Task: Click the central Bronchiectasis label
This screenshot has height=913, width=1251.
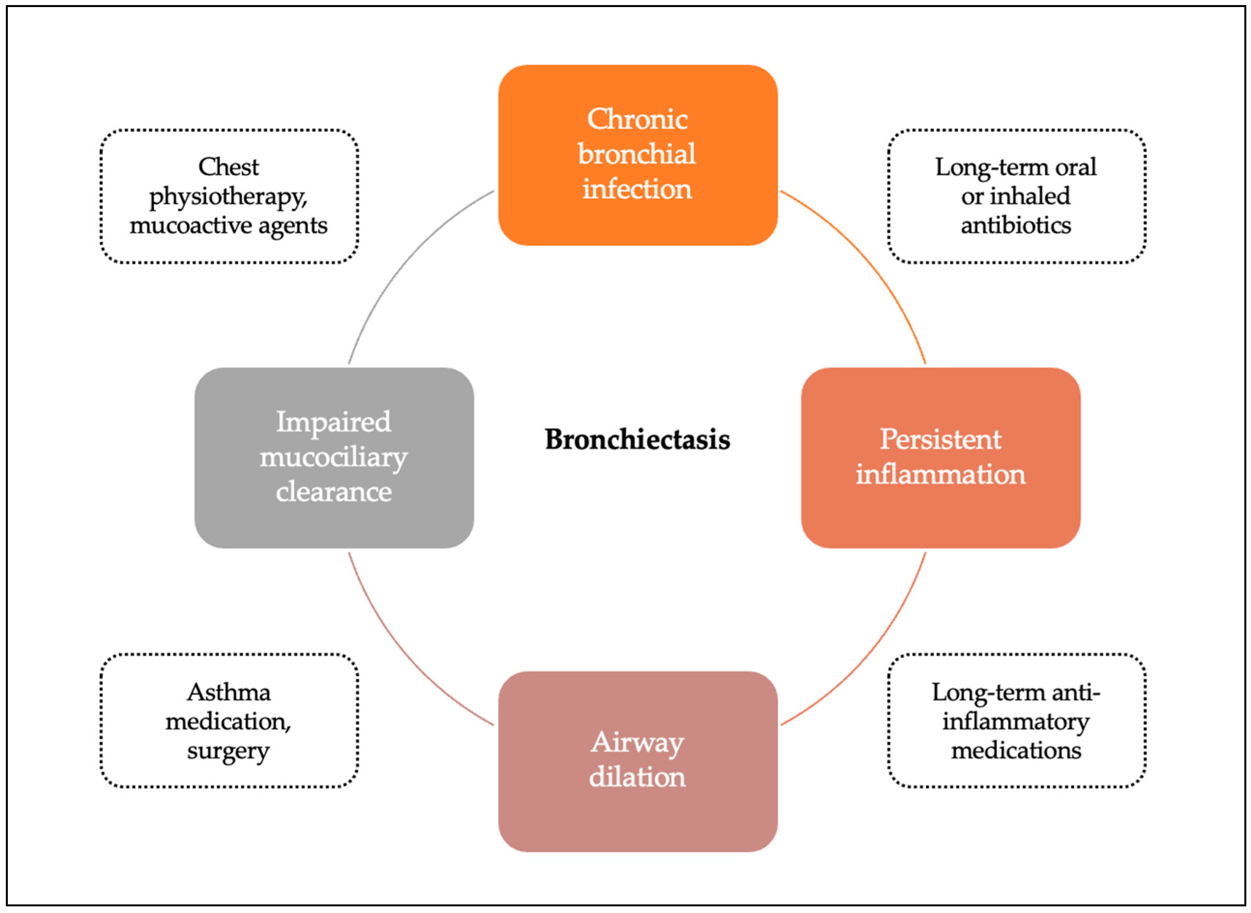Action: (x=637, y=440)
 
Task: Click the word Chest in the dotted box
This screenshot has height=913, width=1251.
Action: (x=228, y=167)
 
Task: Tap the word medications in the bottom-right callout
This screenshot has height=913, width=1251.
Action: (x=1016, y=750)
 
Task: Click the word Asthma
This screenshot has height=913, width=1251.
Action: (x=228, y=692)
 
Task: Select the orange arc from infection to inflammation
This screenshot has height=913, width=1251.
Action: (x=876, y=260)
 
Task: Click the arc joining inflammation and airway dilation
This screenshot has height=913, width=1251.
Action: (x=876, y=655)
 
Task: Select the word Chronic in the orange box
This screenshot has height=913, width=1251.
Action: (x=637, y=119)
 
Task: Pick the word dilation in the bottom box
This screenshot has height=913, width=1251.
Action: (x=637, y=777)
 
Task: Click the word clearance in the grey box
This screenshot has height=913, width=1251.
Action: (x=334, y=492)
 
